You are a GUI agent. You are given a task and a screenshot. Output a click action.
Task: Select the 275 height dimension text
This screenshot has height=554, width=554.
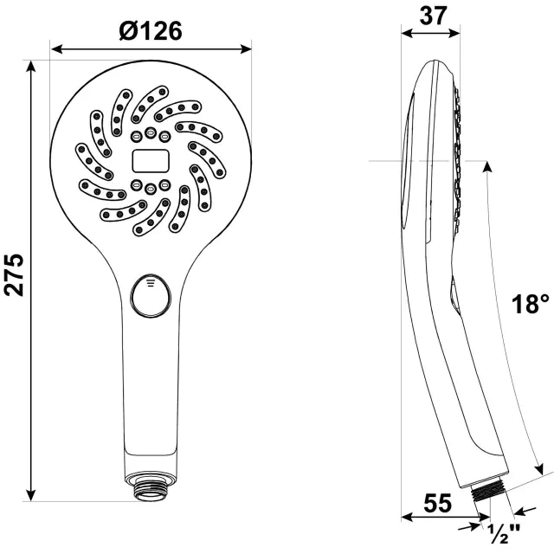point(15,275)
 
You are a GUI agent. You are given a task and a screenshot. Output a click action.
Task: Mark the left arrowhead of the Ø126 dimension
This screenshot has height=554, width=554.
point(55,48)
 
